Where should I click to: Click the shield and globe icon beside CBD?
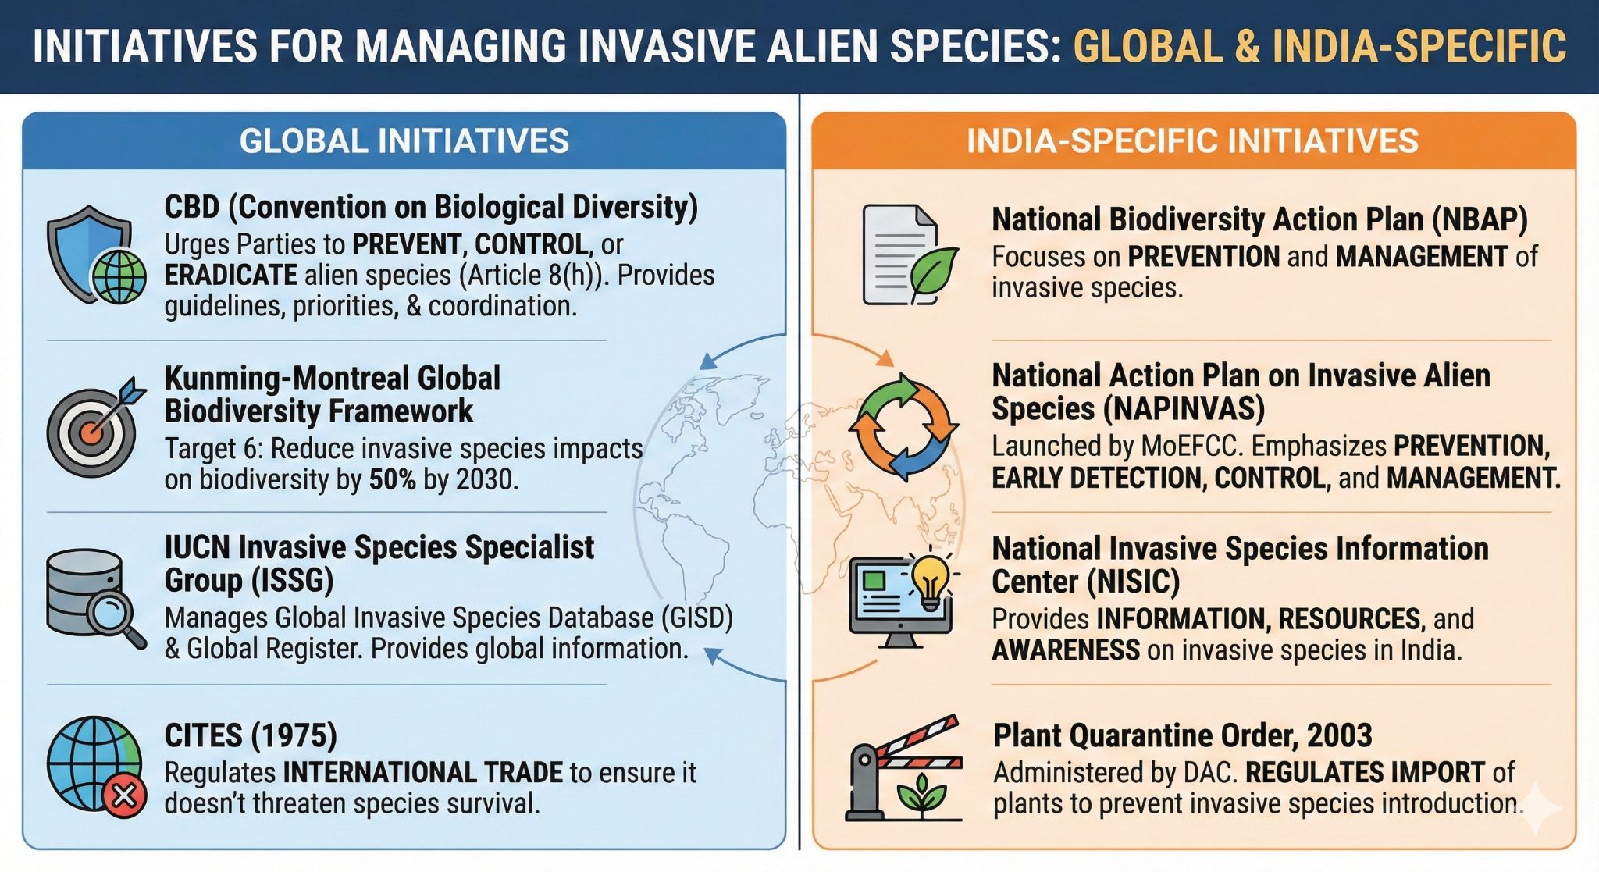tap(96, 255)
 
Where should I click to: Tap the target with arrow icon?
tap(94, 428)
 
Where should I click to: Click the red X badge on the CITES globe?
tap(124, 796)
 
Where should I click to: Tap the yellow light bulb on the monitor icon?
tap(930, 582)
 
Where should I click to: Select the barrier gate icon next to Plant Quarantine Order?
tap(903, 769)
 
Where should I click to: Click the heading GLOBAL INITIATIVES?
tap(404, 141)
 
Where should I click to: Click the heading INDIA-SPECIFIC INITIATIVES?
tap(1192, 141)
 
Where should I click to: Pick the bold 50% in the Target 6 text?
tap(392, 479)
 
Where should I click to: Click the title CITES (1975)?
tap(251, 735)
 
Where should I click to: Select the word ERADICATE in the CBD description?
tap(230, 276)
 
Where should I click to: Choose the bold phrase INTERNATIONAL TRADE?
tap(422, 773)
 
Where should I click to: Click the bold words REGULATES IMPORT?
tap(1364, 773)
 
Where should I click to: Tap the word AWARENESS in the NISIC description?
tap(1065, 650)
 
